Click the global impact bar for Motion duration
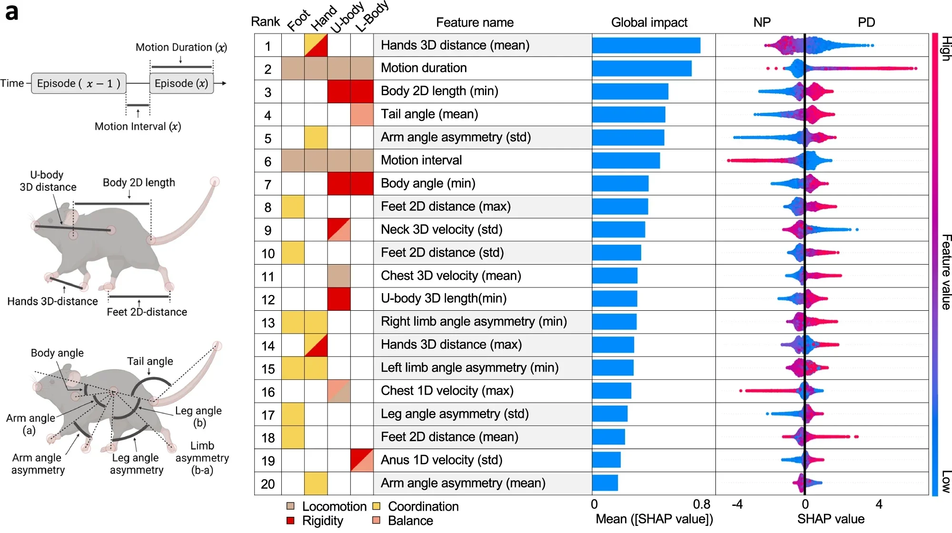(x=642, y=68)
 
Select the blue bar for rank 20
(x=605, y=483)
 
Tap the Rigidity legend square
(x=290, y=521)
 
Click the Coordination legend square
(x=377, y=506)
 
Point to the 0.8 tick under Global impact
(x=701, y=504)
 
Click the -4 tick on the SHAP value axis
(x=737, y=504)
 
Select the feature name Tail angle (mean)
(x=429, y=114)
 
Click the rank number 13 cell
(x=268, y=323)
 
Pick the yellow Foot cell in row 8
(x=293, y=207)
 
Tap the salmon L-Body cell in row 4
(x=362, y=114)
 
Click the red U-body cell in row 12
(x=339, y=299)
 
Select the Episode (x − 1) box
(x=79, y=83)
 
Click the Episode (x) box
(x=181, y=83)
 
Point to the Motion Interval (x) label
(x=138, y=127)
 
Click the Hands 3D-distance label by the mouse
(x=52, y=301)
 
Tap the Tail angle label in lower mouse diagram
(x=150, y=361)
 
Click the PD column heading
(x=866, y=22)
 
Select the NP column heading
(x=762, y=22)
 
